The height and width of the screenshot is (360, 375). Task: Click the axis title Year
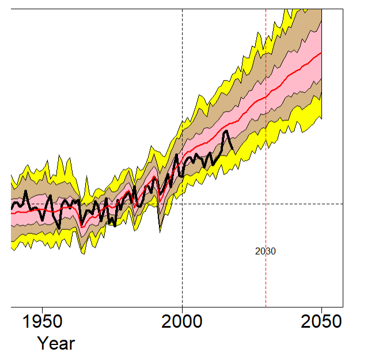56,344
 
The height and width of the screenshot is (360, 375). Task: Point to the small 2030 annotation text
265,251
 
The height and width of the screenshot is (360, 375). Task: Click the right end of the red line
321,52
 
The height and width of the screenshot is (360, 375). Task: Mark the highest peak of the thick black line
226,131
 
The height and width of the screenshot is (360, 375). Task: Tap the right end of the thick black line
233,149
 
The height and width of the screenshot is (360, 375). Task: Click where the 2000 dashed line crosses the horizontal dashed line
182,204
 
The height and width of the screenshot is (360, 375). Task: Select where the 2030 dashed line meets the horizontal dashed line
266,204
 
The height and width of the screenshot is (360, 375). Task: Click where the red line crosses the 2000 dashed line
182,161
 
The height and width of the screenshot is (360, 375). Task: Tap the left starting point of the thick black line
12,207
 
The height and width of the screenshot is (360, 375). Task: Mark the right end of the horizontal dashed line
343,204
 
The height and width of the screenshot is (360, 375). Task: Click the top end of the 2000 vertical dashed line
182,10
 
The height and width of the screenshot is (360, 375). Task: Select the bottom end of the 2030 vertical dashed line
266,306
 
